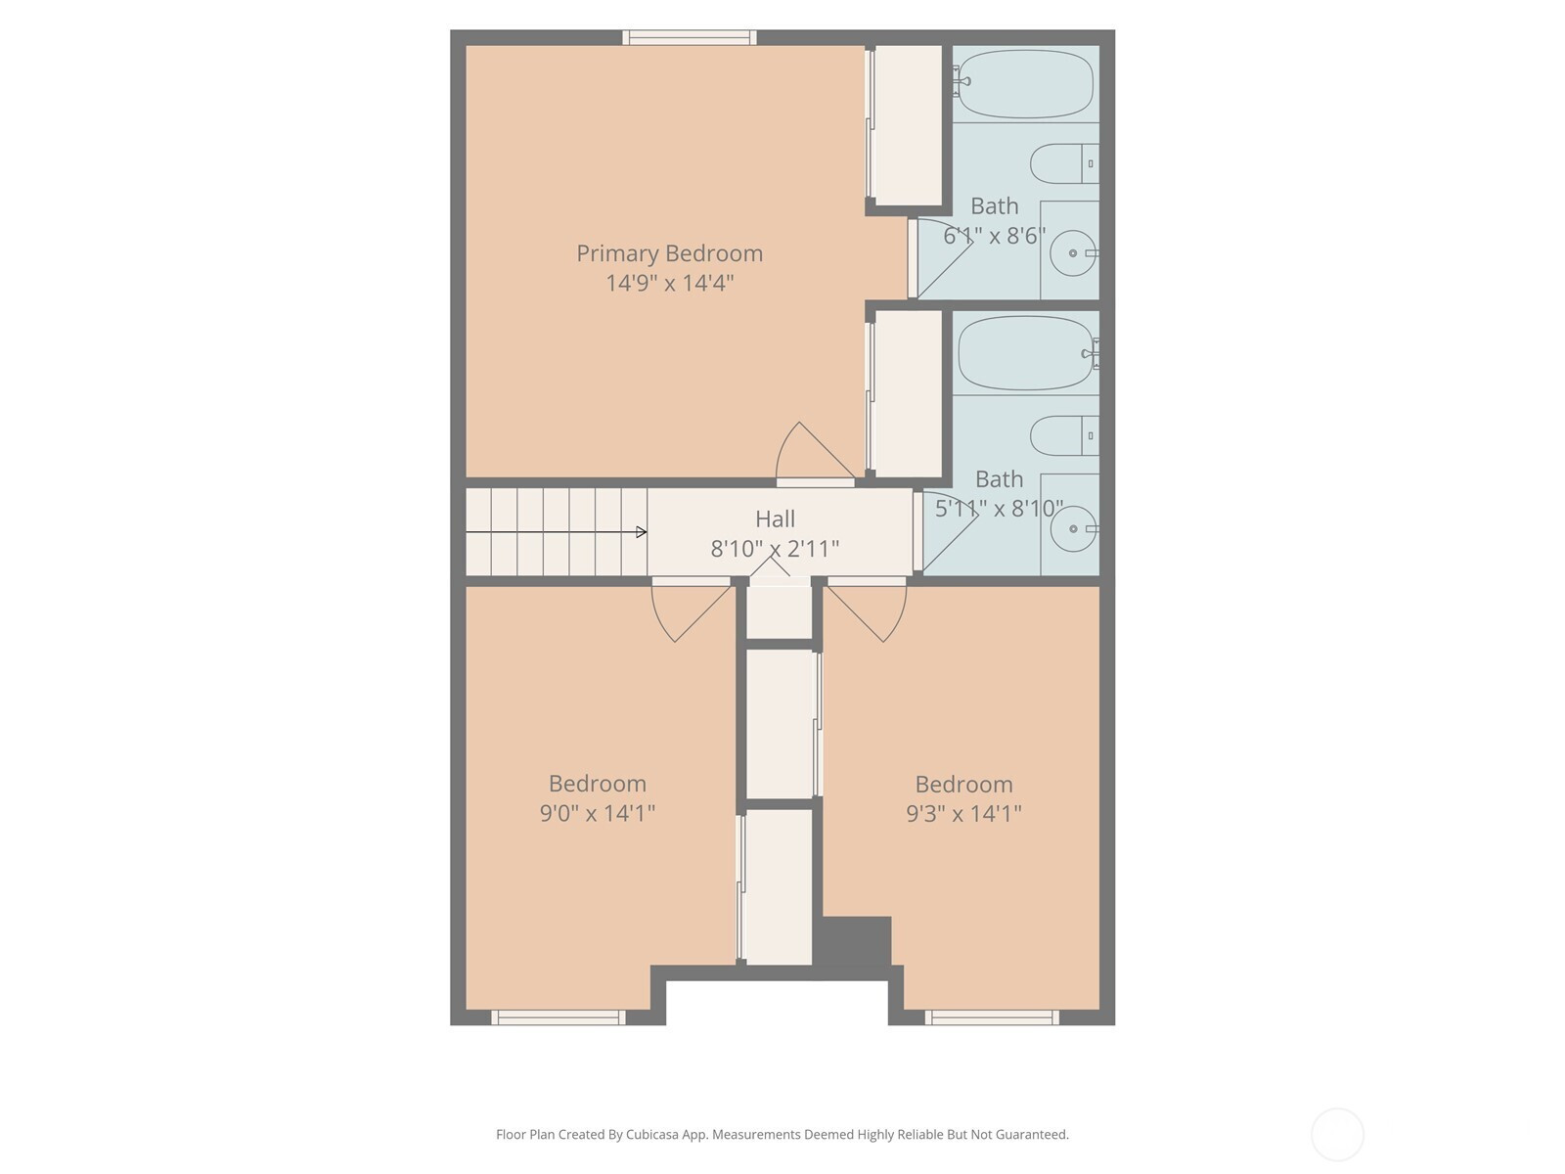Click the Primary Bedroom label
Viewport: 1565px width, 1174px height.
coord(669,253)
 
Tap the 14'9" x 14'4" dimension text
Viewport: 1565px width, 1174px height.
coord(669,283)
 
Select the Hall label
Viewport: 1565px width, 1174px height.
coord(775,519)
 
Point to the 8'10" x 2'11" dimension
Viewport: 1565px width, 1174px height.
coord(775,549)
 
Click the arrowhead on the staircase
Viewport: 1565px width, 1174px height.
coord(642,532)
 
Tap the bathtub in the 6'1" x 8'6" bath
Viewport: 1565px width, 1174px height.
coord(1024,84)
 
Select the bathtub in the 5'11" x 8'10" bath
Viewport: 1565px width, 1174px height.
coord(1027,353)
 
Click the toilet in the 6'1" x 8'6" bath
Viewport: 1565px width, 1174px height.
coord(1064,164)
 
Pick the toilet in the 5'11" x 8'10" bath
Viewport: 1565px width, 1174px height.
coord(1064,435)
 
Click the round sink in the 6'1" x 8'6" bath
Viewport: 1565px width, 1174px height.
coord(1073,253)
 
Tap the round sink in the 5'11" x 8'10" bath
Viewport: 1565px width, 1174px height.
coord(1074,529)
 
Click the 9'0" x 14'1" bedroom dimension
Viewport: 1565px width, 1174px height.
coord(598,813)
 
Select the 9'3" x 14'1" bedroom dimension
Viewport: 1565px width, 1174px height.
coord(964,813)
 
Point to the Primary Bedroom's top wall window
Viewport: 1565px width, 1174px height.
coord(690,38)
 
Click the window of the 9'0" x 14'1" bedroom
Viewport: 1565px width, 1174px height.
coord(559,1017)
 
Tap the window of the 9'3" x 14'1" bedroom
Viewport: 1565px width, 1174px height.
coord(992,1017)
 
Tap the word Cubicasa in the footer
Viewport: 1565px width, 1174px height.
coord(652,1134)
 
